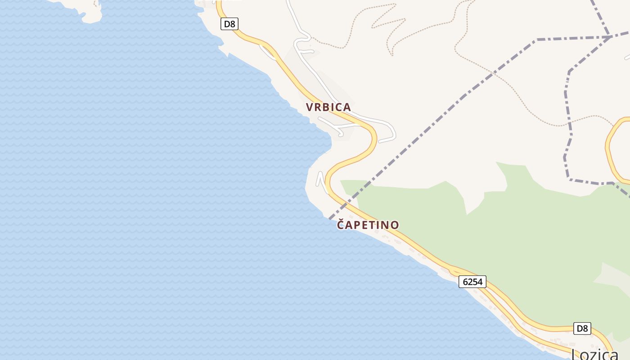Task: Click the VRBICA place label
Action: tap(328, 107)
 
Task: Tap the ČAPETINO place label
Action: tap(368, 225)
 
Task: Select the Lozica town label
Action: tap(595, 355)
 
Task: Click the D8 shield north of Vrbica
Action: tap(229, 24)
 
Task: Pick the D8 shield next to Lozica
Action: tap(582, 328)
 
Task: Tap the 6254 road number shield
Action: tap(472, 282)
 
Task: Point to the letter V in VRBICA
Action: tap(310, 107)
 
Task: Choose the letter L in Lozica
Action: tap(576, 355)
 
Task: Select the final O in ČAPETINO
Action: tap(394, 225)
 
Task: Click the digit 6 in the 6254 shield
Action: tap(465, 282)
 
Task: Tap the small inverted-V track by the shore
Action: tap(321, 179)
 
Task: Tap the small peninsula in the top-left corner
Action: tap(90, 13)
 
